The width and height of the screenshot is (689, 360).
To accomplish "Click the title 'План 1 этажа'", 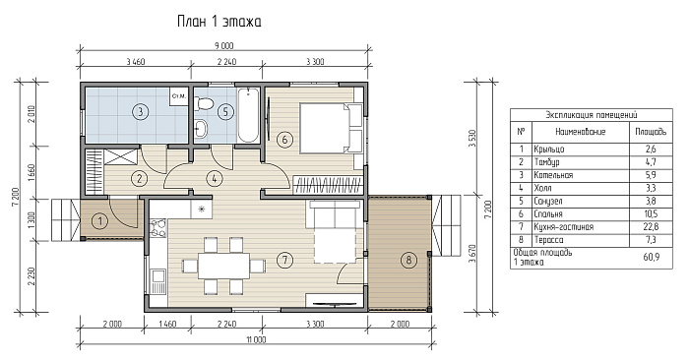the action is (x=219, y=22).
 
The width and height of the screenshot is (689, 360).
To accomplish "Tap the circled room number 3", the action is (x=140, y=111).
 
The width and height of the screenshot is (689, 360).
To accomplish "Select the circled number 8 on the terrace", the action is (x=408, y=261).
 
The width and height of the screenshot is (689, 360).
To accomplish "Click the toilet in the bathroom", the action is (x=204, y=104).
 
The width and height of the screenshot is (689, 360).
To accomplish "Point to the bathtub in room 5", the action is (x=248, y=115).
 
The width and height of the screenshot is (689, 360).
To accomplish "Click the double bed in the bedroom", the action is (x=332, y=128).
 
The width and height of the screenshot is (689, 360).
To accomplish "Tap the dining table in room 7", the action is (x=223, y=266).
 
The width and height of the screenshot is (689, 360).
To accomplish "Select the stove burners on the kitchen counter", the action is (x=158, y=228).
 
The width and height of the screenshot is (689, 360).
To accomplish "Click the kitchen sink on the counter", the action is (x=157, y=281).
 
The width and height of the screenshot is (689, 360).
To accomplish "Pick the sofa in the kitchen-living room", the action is (x=337, y=215).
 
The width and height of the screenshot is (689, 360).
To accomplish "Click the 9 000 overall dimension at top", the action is (x=224, y=45).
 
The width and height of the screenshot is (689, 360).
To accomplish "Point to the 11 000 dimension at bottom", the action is (x=257, y=339).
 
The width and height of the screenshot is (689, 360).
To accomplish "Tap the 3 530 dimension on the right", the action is (x=471, y=139).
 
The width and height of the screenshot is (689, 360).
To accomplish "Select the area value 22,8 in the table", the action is (x=651, y=227).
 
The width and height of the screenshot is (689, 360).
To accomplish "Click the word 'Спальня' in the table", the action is (x=548, y=214).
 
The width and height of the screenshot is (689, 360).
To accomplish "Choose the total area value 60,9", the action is (x=652, y=257).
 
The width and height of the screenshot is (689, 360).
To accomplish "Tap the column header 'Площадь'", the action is (x=651, y=131).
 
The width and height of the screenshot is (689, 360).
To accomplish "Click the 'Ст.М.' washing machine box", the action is (x=179, y=96).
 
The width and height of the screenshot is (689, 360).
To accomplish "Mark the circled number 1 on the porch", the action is (x=100, y=221).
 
